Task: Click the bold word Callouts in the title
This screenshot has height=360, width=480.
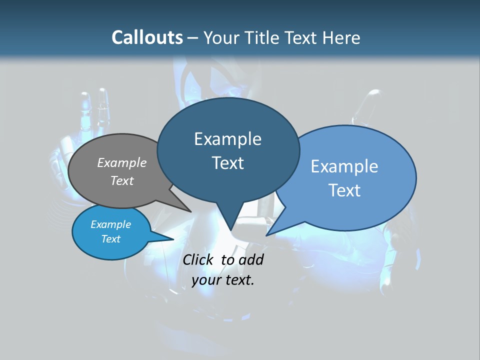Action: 147,37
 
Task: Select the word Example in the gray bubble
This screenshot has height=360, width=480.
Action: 122,163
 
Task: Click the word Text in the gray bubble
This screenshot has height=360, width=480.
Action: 122,181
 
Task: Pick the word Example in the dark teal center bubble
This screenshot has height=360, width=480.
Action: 227,139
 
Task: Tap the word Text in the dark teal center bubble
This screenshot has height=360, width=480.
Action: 227,163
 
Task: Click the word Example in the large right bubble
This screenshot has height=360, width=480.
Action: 344,166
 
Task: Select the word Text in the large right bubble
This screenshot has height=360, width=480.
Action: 344,190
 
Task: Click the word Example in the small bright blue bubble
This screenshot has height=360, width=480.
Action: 110,224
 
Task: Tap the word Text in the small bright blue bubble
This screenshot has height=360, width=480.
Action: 110,239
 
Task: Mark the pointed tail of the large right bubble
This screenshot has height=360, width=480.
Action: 270,233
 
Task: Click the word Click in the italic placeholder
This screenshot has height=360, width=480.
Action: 199,260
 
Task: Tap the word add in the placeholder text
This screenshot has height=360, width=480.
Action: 251,260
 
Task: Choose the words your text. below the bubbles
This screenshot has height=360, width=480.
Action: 223,280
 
